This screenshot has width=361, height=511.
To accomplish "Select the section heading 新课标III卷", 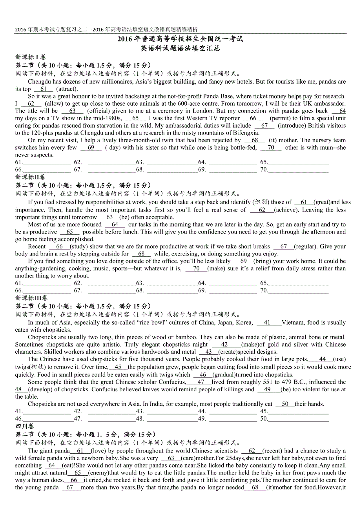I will tap(31, 298).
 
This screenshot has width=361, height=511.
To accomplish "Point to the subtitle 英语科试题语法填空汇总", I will tap(180, 48).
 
